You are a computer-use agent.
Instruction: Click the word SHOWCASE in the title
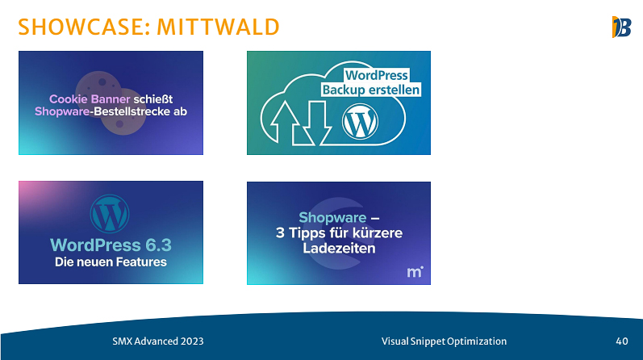(81, 27)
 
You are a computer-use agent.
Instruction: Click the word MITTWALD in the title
(218, 27)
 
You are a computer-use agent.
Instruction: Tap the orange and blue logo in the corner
(621, 27)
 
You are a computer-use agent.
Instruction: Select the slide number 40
(622, 341)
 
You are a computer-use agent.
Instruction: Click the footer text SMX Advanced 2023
(158, 341)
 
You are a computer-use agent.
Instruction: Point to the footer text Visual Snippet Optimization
(444, 341)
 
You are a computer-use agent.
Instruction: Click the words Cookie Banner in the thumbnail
(90, 99)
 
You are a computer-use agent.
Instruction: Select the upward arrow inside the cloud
(285, 123)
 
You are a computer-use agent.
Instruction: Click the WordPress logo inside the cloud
(360, 122)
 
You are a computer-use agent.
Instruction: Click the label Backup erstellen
(370, 90)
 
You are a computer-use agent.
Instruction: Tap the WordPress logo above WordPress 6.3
(110, 214)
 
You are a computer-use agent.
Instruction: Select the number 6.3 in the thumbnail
(159, 245)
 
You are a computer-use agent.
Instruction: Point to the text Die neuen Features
(111, 262)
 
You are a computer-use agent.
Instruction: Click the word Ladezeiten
(339, 248)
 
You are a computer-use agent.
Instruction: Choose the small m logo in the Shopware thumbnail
(415, 272)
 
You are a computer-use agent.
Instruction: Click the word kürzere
(378, 232)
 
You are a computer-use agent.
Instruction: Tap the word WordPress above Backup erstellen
(377, 75)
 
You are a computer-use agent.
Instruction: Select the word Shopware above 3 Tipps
(332, 218)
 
